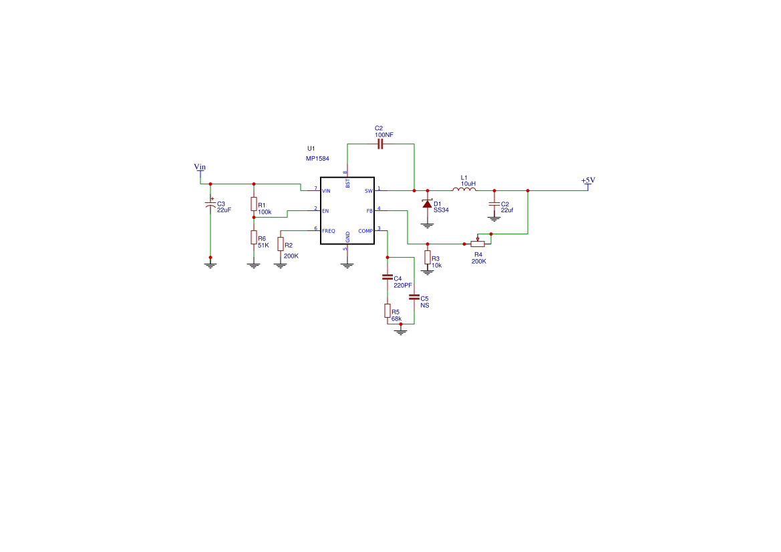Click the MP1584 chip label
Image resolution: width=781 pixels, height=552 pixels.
pyautogui.click(x=317, y=159)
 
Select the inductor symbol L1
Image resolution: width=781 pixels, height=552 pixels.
pyautogui.click(x=464, y=189)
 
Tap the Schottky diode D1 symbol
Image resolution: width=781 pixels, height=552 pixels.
pyautogui.click(x=428, y=204)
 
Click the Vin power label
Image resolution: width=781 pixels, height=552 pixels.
pyautogui.click(x=200, y=167)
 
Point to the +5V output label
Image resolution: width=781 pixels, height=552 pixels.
pyautogui.click(x=588, y=180)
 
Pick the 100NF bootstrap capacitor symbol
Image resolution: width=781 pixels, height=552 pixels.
pyautogui.click(x=381, y=144)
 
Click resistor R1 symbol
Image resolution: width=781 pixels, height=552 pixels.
pyautogui.click(x=254, y=204)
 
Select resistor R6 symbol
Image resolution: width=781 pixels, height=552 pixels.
pyautogui.click(x=254, y=237)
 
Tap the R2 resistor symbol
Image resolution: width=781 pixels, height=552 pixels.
pyautogui.click(x=281, y=244)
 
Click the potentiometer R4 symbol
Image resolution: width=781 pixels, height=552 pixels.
pyautogui.click(x=478, y=243)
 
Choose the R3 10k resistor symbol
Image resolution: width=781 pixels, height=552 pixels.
pyautogui.click(x=428, y=258)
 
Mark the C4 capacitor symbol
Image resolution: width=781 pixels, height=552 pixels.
pyautogui.click(x=387, y=277)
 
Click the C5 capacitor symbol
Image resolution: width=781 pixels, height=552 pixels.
pyautogui.click(x=414, y=297)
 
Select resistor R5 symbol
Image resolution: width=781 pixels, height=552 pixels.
pyautogui.click(x=387, y=310)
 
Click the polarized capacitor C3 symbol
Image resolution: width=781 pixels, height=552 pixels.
pyautogui.click(x=210, y=204)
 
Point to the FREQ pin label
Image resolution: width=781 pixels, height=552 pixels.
pyautogui.click(x=329, y=231)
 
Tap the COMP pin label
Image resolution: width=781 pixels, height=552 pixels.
pyautogui.click(x=365, y=231)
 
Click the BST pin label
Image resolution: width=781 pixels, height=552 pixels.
pyautogui.click(x=347, y=183)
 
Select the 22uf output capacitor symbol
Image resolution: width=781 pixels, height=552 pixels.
pyautogui.click(x=494, y=204)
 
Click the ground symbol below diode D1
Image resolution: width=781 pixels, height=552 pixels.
pyautogui.click(x=428, y=226)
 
